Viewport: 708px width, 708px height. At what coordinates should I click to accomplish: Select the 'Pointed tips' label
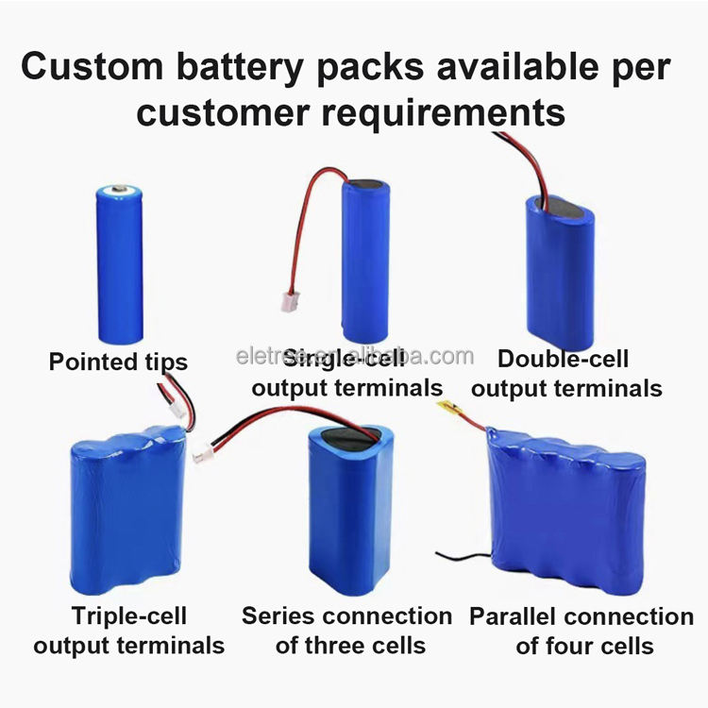point(118,362)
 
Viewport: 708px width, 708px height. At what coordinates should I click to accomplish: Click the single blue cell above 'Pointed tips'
point(120,264)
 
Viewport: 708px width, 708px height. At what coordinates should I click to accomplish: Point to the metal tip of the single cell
point(121,191)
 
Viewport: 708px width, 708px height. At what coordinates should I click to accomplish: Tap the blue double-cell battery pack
point(560,269)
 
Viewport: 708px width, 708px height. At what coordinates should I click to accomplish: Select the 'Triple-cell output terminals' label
point(129,631)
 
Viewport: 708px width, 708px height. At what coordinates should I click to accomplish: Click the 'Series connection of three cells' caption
point(347,631)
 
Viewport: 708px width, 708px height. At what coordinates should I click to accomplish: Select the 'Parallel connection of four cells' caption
point(582,631)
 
